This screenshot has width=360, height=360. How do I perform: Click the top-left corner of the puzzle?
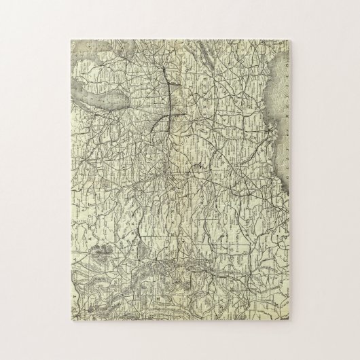[x=69, y=39]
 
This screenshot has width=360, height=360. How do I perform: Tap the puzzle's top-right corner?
[x=292, y=39]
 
